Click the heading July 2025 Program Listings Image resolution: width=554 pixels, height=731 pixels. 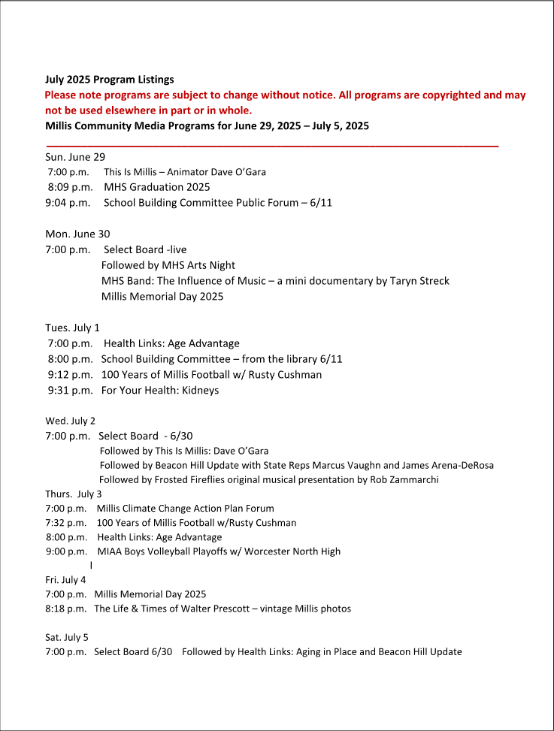pyautogui.click(x=109, y=79)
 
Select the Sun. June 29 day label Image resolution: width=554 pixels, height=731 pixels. pyautogui.click(x=75, y=157)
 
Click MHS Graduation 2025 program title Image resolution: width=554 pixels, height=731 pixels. pyautogui.click(x=157, y=187)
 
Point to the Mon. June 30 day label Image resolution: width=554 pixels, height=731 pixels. pyautogui.click(x=77, y=234)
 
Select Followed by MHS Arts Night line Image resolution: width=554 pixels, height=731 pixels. pyautogui.click(x=168, y=265)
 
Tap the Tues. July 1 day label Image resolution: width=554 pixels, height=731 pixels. pyautogui.click(x=72, y=328)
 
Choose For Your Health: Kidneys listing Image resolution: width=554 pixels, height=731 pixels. pyautogui.click(x=160, y=391)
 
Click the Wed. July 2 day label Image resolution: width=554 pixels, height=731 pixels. pyautogui.click(x=70, y=421)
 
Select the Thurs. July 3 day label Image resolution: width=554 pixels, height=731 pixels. pyautogui.click(x=74, y=494)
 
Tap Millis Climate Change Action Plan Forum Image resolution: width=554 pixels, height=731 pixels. pyautogui.click(x=185, y=509)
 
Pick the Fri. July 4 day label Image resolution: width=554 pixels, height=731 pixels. pyautogui.click(x=65, y=580)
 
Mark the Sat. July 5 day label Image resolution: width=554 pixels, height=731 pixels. pyautogui.click(x=67, y=637)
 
